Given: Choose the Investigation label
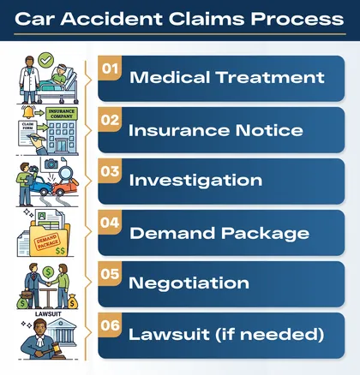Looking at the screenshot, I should pos(195,181).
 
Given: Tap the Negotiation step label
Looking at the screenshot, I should pos(189,283).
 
